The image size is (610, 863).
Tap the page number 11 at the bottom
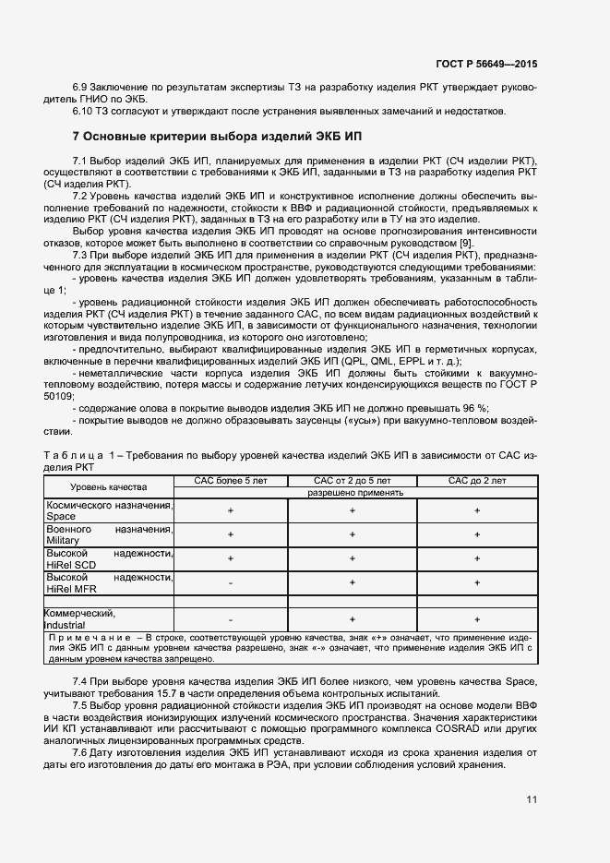[532, 799]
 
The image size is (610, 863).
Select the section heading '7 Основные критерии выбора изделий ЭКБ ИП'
[217, 136]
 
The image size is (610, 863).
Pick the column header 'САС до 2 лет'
[476, 481]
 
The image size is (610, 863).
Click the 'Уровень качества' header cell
[109, 486]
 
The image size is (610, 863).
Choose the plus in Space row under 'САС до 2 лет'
[476, 510]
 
